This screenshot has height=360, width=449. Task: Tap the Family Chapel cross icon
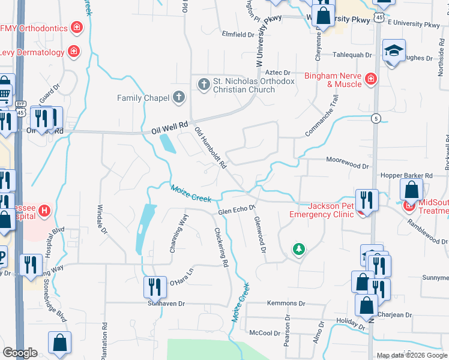pos(178,97)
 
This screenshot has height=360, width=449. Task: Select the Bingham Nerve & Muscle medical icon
pos(371,79)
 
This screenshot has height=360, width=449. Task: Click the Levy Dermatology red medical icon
pos(74,52)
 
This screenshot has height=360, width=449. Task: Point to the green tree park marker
pos(298,248)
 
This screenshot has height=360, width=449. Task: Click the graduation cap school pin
pos(394,50)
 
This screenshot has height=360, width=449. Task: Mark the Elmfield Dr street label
pos(238,35)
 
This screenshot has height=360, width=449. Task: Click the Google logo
pos(20,352)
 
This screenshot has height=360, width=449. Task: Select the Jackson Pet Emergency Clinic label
pos(322,210)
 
